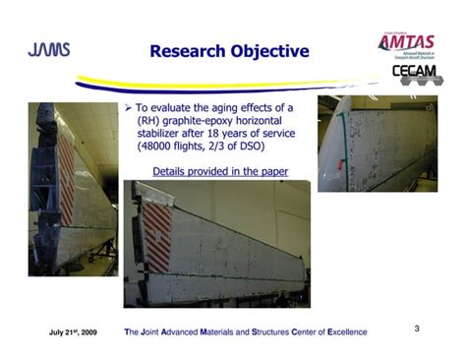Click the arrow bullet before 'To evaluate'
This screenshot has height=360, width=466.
tap(130, 106)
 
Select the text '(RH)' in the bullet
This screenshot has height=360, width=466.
tap(149, 120)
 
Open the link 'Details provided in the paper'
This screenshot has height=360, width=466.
tap(220, 171)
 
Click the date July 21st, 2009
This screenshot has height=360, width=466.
tap(73, 331)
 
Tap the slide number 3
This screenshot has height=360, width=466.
tap(417, 327)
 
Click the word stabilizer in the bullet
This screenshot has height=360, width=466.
tap(161, 134)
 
